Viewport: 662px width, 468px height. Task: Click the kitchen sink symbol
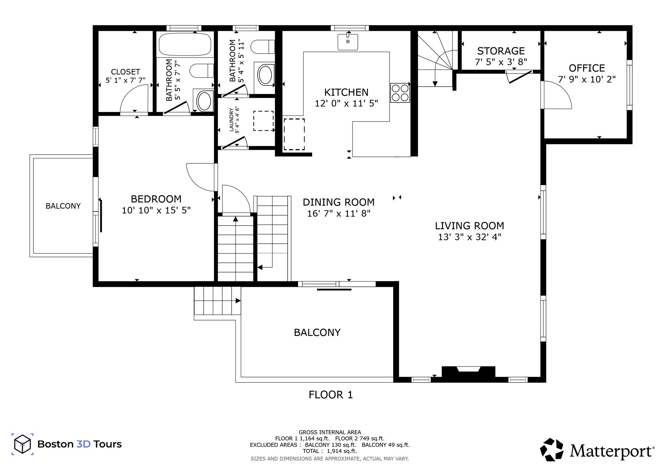pyautogui.click(x=348, y=42)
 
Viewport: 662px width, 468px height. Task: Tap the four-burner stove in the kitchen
pyautogui.click(x=400, y=93)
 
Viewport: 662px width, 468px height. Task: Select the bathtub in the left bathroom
pyautogui.click(x=185, y=44)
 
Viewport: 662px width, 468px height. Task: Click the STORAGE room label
pyautogui.click(x=501, y=51)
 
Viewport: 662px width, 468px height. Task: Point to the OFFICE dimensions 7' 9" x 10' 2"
pyautogui.click(x=587, y=80)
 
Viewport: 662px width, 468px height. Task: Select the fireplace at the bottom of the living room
pyautogui.click(x=468, y=371)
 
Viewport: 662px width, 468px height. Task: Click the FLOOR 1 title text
pyautogui.click(x=331, y=395)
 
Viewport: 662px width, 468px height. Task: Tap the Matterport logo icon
pyautogui.click(x=552, y=450)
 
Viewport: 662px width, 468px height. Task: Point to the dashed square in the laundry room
pyautogui.click(x=263, y=121)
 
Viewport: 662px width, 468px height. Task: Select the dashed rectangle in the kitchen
pyautogui.click(x=294, y=134)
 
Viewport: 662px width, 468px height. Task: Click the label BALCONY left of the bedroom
pyautogui.click(x=63, y=206)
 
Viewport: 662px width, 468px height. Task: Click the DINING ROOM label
pyautogui.click(x=338, y=202)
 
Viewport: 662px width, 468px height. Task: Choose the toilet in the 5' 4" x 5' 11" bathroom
pyautogui.click(x=262, y=47)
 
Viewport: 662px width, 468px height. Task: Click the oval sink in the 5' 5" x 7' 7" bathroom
pyautogui.click(x=204, y=101)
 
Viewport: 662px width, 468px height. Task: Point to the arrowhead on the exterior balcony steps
pyautogui.click(x=238, y=301)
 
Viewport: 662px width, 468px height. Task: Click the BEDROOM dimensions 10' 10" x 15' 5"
pyautogui.click(x=156, y=210)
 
